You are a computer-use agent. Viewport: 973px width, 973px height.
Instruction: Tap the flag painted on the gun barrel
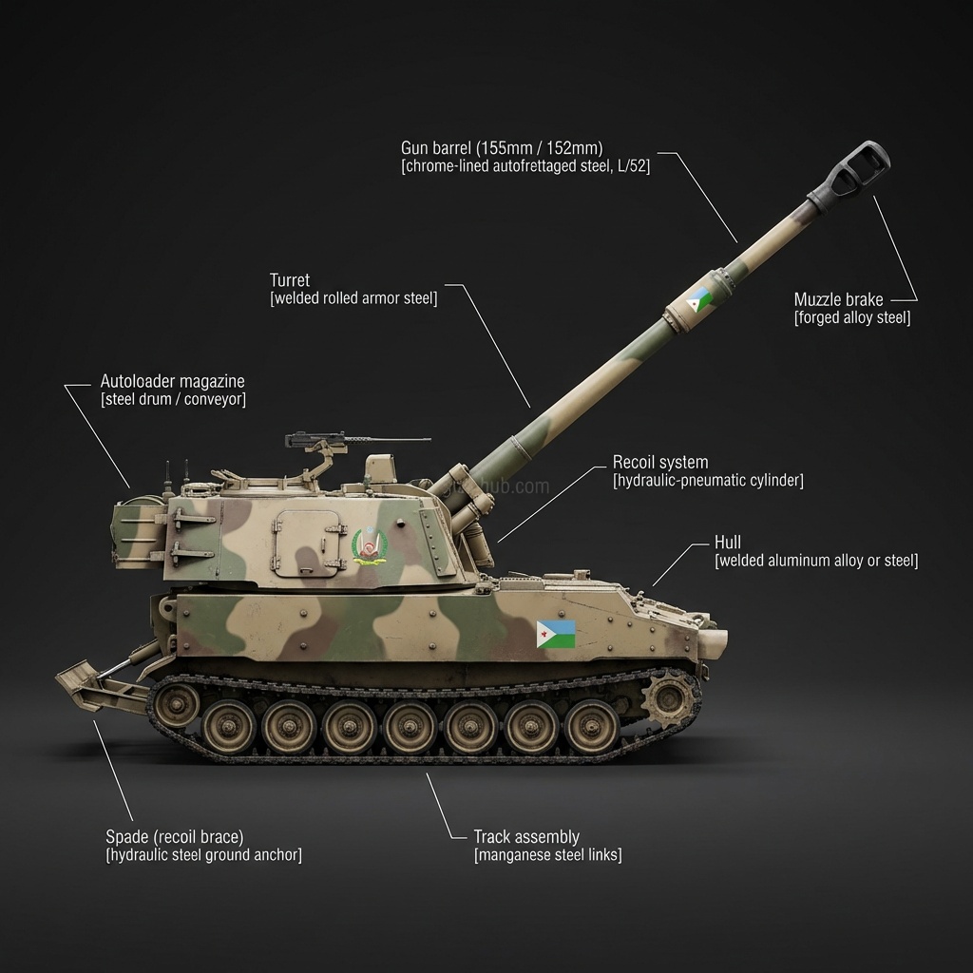pos(700,303)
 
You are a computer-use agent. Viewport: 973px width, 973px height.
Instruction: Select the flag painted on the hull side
pos(556,634)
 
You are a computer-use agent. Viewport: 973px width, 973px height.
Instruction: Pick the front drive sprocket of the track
pos(672,701)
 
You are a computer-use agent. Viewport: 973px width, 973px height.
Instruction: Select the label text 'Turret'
pos(290,280)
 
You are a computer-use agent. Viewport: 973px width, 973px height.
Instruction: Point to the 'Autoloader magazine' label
pos(172,381)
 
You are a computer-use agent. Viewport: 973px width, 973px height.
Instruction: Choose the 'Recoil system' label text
pos(660,463)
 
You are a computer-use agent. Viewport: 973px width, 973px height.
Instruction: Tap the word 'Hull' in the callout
pos(728,543)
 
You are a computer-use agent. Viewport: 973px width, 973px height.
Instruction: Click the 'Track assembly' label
pos(526,837)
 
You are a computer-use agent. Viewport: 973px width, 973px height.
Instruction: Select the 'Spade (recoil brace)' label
pos(174,837)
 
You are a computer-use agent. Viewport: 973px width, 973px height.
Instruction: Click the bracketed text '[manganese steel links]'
pos(547,855)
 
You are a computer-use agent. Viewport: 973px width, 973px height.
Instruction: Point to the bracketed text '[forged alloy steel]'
pos(852,318)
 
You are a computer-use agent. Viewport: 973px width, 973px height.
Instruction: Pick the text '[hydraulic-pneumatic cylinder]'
pos(708,481)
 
